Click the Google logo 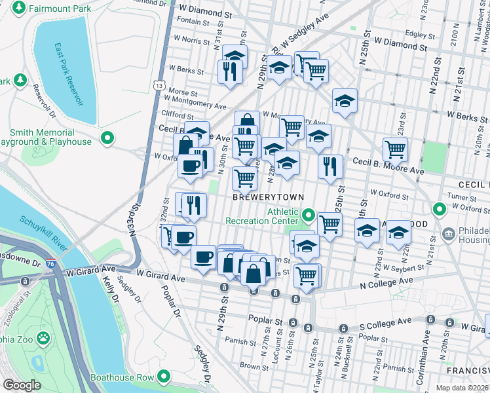22,385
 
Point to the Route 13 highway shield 159,85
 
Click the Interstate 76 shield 59,270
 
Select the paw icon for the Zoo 43,339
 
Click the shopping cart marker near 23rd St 395,149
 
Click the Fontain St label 193,21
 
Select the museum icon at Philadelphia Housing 449,233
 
